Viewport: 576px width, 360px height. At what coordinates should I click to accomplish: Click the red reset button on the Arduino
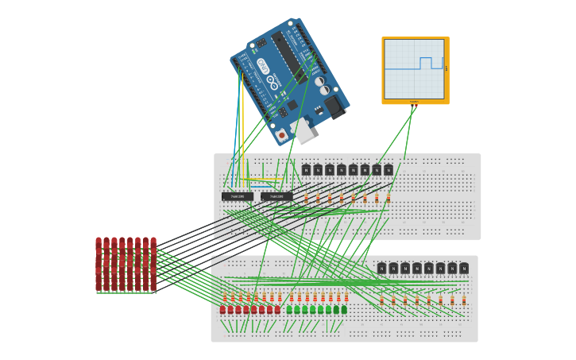coord(281,136)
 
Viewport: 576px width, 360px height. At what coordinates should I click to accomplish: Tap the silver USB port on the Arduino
coord(302,131)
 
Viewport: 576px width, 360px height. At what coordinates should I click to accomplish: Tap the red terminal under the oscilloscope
coord(413,102)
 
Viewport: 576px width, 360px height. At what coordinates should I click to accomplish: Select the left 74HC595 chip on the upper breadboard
coord(237,196)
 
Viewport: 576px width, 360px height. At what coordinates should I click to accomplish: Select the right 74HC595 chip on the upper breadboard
coord(276,196)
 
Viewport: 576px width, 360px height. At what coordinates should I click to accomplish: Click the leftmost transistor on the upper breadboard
coord(306,169)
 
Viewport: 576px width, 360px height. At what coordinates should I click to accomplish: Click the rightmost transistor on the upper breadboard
coord(389,169)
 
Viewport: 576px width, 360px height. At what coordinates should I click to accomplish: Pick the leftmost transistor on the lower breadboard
coord(381,269)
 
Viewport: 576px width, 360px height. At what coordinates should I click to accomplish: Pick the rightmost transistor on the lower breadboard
coord(464,269)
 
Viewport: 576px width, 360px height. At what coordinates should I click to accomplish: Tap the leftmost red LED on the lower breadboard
coord(223,310)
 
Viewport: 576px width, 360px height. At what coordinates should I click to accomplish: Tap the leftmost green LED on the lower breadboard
coord(290,310)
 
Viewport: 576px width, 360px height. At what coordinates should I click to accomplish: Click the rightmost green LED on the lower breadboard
coord(344,310)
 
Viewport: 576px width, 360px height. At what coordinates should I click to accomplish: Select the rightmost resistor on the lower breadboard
coord(464,300)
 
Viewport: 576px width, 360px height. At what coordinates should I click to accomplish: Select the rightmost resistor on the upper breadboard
coord(389,197)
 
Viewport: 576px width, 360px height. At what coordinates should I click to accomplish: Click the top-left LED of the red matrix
coord(99,242)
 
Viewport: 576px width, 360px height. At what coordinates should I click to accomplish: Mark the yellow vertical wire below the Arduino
coord(243,119)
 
